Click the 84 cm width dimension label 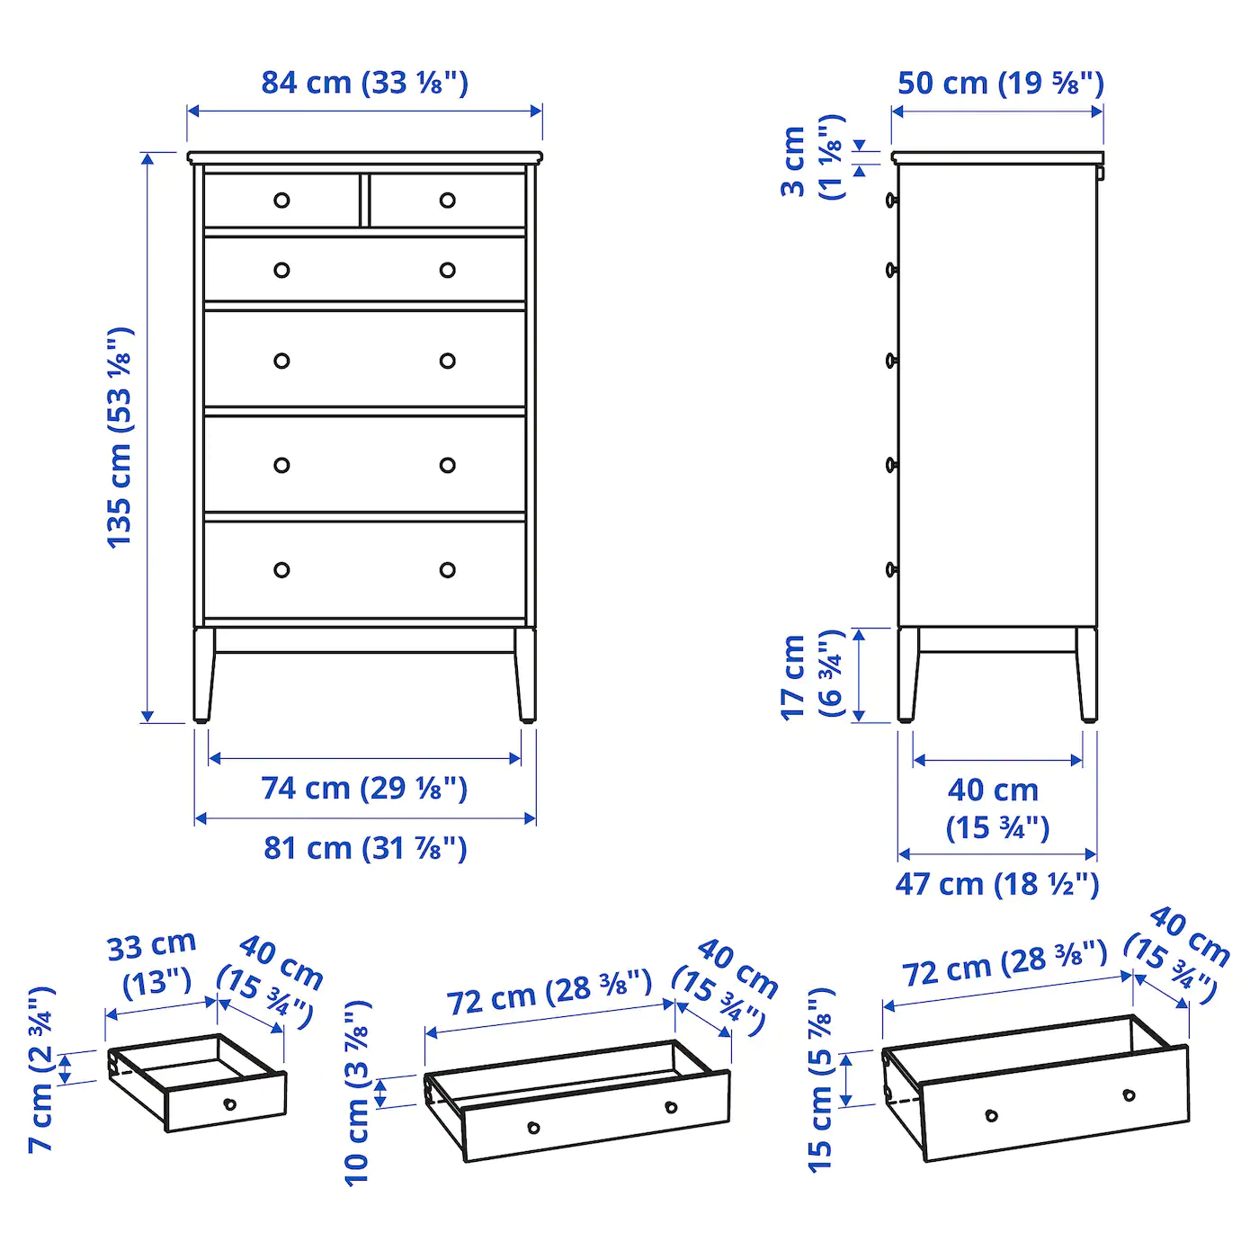click(364, 83)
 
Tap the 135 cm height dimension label click(120, 437)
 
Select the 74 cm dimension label click(364, 789)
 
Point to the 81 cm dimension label click(364, 848)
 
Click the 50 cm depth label click(1000, 84)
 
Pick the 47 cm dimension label click(996, 884)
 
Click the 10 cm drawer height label click(357, 1092)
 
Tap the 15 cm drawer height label click(820, 1079)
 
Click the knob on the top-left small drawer click(281, 201)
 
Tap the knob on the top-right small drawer click(447, 201)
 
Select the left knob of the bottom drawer click(281, 570)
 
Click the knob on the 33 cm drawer click(229, 1103)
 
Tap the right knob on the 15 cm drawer click(1129, 1095)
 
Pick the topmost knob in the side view click(891, 200)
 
